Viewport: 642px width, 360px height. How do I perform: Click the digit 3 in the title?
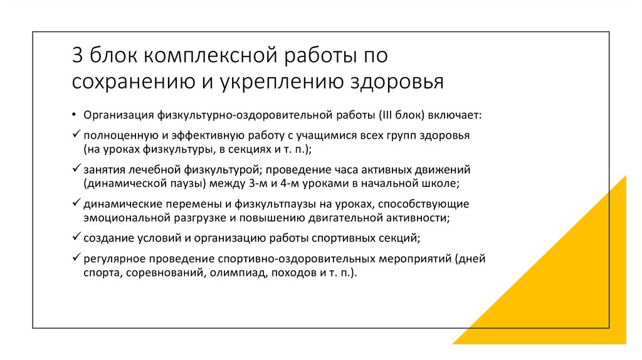click(x=76, y=56)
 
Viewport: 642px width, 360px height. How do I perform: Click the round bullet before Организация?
click(x=75, y=115)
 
